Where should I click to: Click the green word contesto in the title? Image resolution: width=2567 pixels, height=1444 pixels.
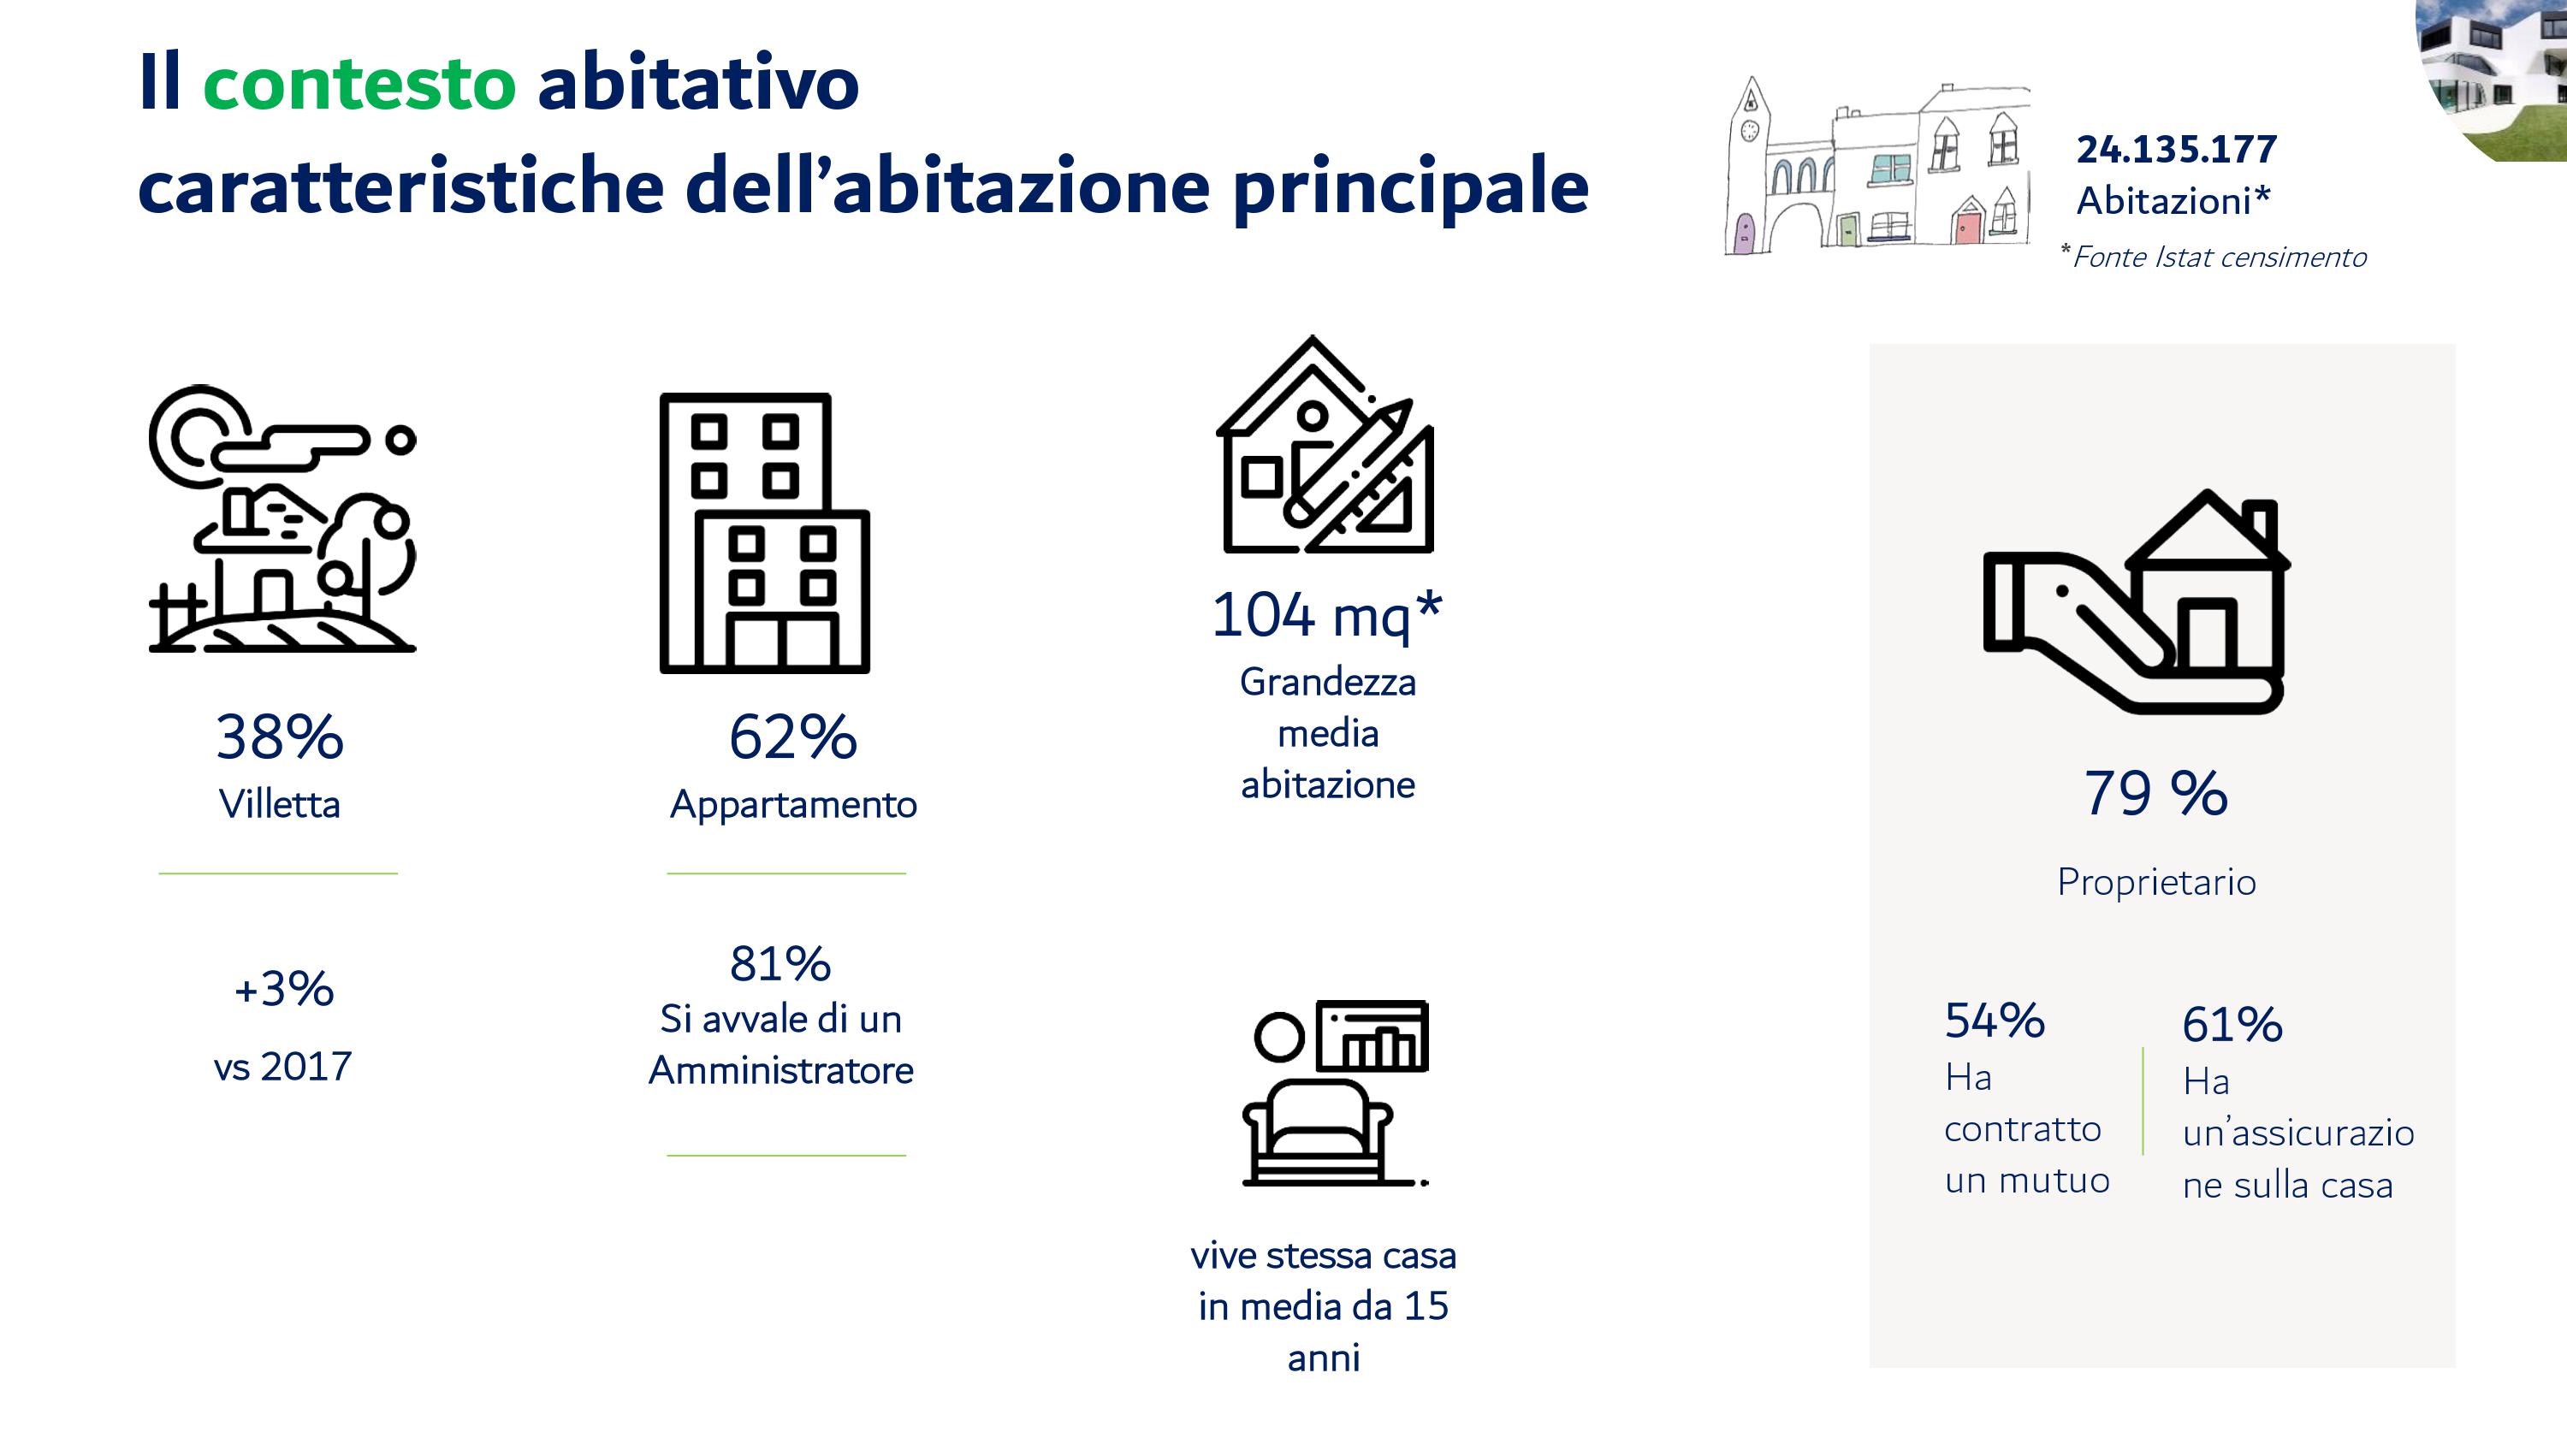click(359, 83)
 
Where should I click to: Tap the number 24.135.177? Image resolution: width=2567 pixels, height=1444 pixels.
click(2176, 150)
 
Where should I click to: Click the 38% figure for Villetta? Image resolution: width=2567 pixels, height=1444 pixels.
click(280, 737)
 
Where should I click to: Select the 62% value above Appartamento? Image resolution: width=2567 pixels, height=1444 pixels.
click(793, 737)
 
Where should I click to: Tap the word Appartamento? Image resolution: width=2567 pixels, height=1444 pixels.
click(793, 805)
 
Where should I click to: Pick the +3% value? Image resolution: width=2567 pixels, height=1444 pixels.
click(284, 990)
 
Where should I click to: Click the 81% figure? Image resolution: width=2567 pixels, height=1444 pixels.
click(780, 963)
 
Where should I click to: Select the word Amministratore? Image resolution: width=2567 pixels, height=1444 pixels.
click(781, 1070)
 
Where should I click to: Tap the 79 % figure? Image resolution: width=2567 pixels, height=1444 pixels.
click(2156, 793)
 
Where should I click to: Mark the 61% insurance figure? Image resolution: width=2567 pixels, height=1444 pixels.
click(2232, 1025)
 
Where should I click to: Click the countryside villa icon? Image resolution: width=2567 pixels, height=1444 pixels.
click(282, 518)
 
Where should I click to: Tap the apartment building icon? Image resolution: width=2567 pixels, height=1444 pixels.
click(764, 533)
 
